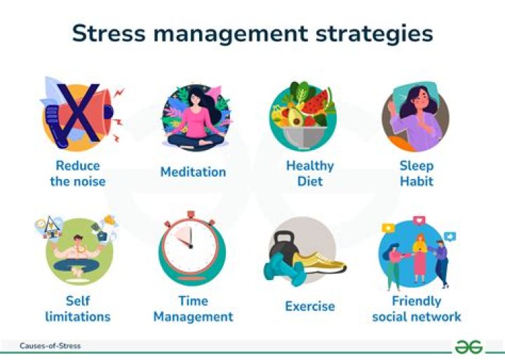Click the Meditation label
pos(193,172)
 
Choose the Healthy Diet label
pos(310,173)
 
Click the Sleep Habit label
pos(417,173)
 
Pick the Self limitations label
pos(78,308)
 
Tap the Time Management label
pos(193,308)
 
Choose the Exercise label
pos(310,307)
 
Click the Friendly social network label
pos(417,308)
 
